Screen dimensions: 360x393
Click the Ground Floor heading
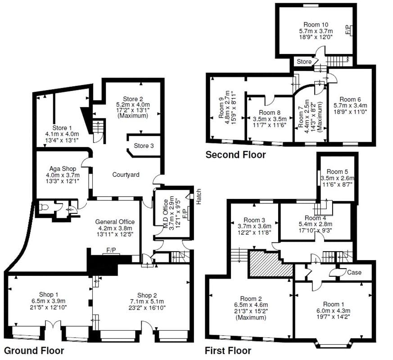(x=34, y=350)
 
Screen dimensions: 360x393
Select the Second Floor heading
(x=235, y=155)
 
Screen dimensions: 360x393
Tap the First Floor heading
(x=228, y=350)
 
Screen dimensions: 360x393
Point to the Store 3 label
(x=144, y=145)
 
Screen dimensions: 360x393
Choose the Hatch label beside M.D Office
(x=199, y=196)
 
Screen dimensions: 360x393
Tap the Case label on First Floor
(x=353, y=272)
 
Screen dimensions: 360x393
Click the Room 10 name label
(x=316, y=24)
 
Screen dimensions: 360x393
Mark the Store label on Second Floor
(x=304, y=61)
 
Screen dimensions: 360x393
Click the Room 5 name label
(x=338, y=171)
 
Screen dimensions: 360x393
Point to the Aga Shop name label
(x=63, y=169)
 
